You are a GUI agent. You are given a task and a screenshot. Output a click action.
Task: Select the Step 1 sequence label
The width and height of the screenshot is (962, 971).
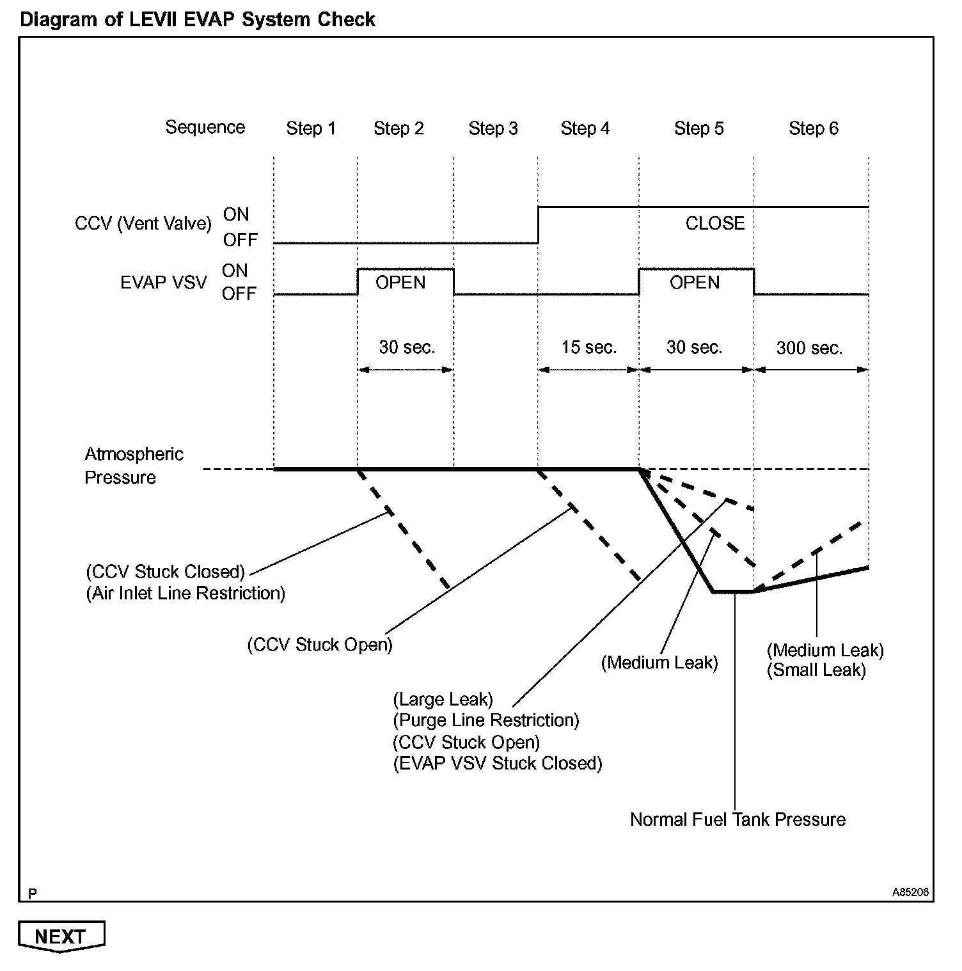pos(311,129)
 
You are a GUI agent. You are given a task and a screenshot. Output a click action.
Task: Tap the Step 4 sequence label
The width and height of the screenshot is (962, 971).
pos(585,129)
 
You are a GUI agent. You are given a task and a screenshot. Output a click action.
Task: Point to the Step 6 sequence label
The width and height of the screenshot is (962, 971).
pos(813,129)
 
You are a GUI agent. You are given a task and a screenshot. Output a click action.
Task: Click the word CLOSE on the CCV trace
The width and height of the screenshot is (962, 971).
pos(715,224)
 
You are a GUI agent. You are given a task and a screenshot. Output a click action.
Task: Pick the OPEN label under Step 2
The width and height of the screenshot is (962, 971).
pos(400,283)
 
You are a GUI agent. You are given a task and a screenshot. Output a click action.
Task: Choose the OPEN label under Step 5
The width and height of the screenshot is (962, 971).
pos(695,283)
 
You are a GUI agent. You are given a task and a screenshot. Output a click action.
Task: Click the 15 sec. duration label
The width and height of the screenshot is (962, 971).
pos(589,348)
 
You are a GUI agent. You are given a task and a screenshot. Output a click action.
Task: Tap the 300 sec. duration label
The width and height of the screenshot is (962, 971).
pos(809,349)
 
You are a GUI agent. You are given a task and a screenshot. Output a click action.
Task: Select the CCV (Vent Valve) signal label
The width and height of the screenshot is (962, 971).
pos(143,224)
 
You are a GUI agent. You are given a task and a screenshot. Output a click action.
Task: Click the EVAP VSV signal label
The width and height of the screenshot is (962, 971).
pos(164,283)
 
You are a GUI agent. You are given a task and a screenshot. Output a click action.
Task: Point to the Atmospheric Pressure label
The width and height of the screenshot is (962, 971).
pos(134,466)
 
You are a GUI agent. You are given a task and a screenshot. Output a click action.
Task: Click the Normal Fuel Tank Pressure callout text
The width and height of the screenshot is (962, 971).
pos(737,820)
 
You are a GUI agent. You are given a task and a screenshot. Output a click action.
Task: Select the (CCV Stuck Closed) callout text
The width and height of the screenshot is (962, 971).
pos(166,571)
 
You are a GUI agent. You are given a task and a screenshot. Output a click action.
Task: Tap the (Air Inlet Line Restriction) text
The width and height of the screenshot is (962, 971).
pos(185,594)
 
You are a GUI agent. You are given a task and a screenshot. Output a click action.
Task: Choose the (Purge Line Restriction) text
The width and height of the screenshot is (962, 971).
pos(486,721)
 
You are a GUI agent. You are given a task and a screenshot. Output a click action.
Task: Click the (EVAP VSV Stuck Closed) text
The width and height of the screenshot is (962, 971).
pos(498,764)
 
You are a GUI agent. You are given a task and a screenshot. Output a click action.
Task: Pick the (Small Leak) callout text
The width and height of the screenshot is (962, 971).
pos(816,670)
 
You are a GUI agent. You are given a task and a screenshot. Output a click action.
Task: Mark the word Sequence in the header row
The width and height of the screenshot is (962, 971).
pos(205,127)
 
